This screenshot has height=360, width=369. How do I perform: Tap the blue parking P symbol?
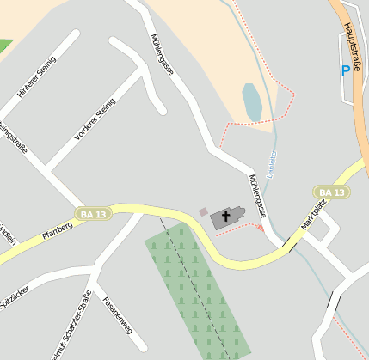pos(346,70)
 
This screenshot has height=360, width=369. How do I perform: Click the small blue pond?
pos(252,102)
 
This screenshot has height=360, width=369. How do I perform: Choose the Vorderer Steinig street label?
pos(95,119)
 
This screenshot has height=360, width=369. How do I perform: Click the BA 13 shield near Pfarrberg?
pos(92,213)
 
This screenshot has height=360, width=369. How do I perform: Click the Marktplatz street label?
pos(313,215)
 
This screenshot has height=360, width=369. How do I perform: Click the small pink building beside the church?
pos(203,211)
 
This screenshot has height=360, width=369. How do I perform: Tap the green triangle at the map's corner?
pos(4,45)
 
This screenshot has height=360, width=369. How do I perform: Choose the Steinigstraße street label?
pos(13,137)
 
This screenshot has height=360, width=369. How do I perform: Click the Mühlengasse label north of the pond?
pos(162,54)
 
